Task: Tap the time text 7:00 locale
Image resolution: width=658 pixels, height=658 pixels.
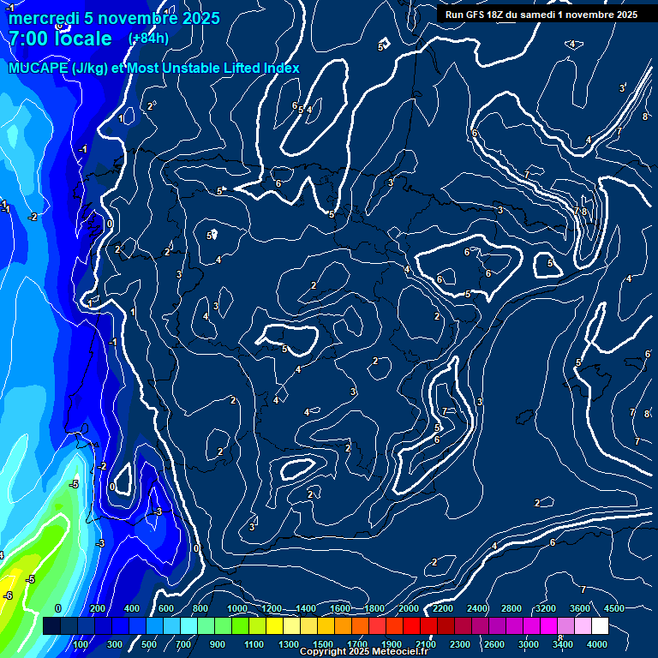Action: tap(60, 39)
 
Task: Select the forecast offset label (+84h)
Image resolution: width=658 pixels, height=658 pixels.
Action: tap(148, 38)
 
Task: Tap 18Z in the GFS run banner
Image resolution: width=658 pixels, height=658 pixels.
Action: tap(491, 15)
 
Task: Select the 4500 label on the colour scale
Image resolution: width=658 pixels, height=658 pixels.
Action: tap(614, 608)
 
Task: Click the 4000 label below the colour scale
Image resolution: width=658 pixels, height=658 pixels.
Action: tap(597, 644)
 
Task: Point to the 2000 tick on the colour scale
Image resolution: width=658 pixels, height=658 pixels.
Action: tap(409, 608)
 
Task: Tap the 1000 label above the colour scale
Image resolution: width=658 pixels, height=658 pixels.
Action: tap(237, 608)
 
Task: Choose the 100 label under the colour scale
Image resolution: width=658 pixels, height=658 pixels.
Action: tap(82, 644)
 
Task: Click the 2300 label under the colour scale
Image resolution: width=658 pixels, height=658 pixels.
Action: tap(460, 644)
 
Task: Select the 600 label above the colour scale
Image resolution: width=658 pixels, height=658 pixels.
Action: tap(166, 608)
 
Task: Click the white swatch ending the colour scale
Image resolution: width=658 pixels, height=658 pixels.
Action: tap(599, 626)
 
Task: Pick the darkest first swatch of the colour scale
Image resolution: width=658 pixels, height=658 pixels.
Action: tap(51, 626)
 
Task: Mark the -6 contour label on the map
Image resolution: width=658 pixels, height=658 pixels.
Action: tap(8, 595)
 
